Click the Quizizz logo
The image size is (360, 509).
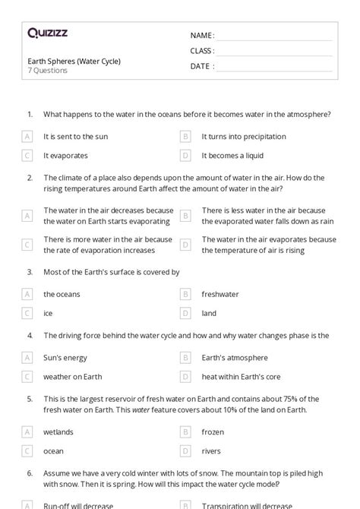[47, 33]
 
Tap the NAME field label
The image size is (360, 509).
[202, 35]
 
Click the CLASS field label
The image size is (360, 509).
[202, 51]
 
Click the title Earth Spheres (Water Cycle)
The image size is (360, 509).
[74, 61]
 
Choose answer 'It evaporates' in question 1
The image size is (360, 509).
[65, 156]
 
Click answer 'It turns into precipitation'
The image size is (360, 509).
[244, 137]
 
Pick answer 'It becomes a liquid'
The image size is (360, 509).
[232, 156]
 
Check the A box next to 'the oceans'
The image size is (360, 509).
[27, 294]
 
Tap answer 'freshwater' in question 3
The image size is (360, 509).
[220, 294]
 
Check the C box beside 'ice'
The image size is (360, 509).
[27, 313]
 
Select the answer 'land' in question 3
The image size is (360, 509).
[209, 313]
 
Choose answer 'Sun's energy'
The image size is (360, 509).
[65, 357]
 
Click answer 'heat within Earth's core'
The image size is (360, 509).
[241, 376]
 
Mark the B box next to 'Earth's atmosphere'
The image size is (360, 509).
[185, 357]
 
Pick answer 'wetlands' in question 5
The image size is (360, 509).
[58, 432]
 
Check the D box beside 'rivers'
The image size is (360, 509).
[185, 451]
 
